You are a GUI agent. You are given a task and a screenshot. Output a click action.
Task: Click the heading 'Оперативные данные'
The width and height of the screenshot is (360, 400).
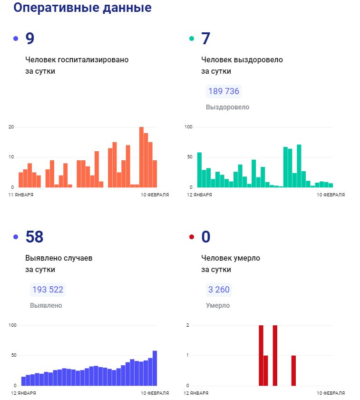[x=82, y=8]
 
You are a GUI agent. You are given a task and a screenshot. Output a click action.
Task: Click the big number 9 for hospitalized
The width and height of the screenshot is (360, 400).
[x=29, y=39]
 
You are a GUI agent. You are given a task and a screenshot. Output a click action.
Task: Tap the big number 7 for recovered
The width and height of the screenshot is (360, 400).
[x=205, y=39]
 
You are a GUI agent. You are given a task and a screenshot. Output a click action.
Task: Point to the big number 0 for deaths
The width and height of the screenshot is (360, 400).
[x=205, y=237]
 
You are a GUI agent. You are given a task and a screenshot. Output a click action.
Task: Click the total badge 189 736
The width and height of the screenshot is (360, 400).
[x=224, y=91]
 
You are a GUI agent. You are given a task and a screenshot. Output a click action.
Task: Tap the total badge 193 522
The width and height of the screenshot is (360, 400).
[x=48, y=290]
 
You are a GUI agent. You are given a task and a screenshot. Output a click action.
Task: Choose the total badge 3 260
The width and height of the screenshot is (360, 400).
[x=219, y=290]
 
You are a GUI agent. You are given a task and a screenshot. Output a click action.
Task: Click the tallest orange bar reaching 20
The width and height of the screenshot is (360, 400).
[x=141, y=157]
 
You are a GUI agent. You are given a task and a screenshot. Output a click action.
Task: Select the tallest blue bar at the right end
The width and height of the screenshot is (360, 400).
[x=155, y=368]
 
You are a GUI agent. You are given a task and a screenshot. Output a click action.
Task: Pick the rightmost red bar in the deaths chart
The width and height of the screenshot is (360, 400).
[x=293, y=370]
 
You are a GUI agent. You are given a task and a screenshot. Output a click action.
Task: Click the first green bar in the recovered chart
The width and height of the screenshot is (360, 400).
[x=199, y=169]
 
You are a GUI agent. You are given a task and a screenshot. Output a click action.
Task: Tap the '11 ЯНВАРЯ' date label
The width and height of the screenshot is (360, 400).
[x=21, y=195]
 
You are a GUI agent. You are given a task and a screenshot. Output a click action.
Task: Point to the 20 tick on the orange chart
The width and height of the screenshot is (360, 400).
[x=11, y=127]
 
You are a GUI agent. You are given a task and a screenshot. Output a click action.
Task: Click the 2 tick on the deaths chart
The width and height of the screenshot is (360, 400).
[x=188, y=325]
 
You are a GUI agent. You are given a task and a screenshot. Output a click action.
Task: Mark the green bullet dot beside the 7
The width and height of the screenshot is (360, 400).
[x=192, y=39]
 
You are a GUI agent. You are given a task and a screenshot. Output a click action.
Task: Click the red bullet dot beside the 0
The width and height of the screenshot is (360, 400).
[x=192, y=237]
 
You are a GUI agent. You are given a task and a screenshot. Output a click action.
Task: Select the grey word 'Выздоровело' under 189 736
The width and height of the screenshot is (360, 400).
[x=227, y=107]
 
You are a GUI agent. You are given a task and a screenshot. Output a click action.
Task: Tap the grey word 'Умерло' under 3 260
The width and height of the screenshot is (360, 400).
[x=218, y=305]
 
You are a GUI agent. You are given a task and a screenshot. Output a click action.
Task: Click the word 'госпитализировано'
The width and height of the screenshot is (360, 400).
[x=93, y=60]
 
